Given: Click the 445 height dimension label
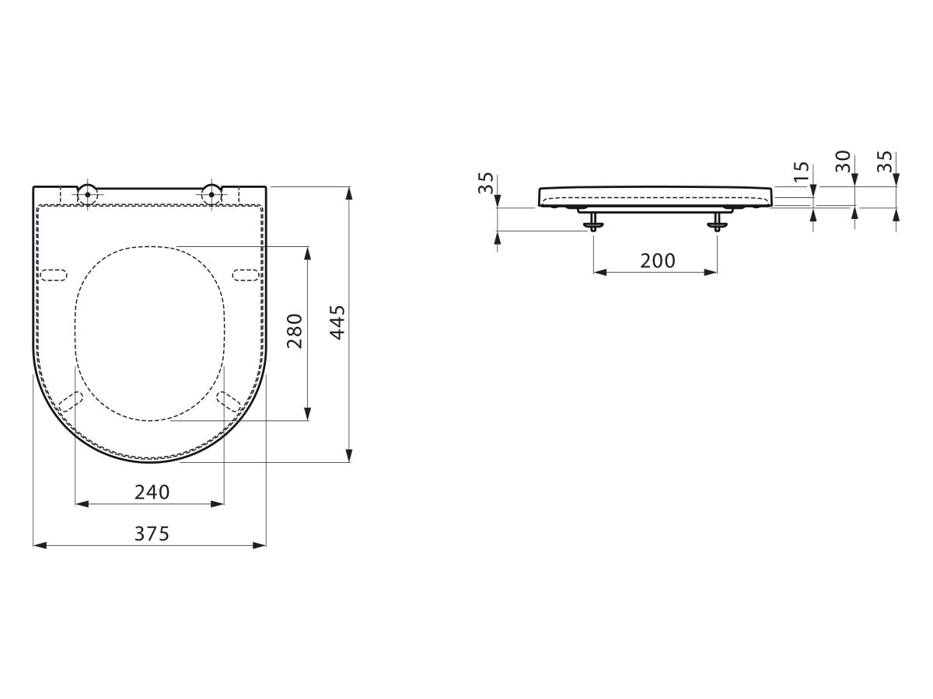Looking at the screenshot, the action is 338,322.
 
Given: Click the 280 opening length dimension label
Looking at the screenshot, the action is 295,332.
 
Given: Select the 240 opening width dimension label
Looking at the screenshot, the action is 152,492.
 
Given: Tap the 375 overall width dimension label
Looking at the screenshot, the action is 152,534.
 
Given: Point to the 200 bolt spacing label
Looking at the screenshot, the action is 658,261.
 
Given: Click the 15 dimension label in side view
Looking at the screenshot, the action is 802,172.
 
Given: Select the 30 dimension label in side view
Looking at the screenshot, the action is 843,162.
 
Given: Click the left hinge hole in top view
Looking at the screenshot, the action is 88,194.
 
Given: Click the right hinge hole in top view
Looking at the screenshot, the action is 211,194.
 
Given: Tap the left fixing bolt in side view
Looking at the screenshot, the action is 593,222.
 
